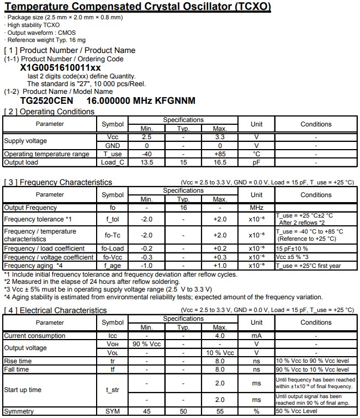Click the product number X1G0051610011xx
pos(60,67)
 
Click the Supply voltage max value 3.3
pos(220,136)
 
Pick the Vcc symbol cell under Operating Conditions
pos(113,136)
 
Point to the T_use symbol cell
pos(113,154)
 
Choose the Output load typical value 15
pos(183,162)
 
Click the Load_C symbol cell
pos(113,162)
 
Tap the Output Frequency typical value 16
pos(183,208)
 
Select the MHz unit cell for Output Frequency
pos(256,208)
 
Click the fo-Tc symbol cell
pos(113,235)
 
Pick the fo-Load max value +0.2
pos(220,248)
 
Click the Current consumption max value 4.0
pos(220,335)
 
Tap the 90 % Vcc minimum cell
pos(146,344)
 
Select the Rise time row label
pos(18,361)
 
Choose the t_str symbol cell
pos(113,390)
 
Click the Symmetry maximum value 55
pos(220,411)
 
